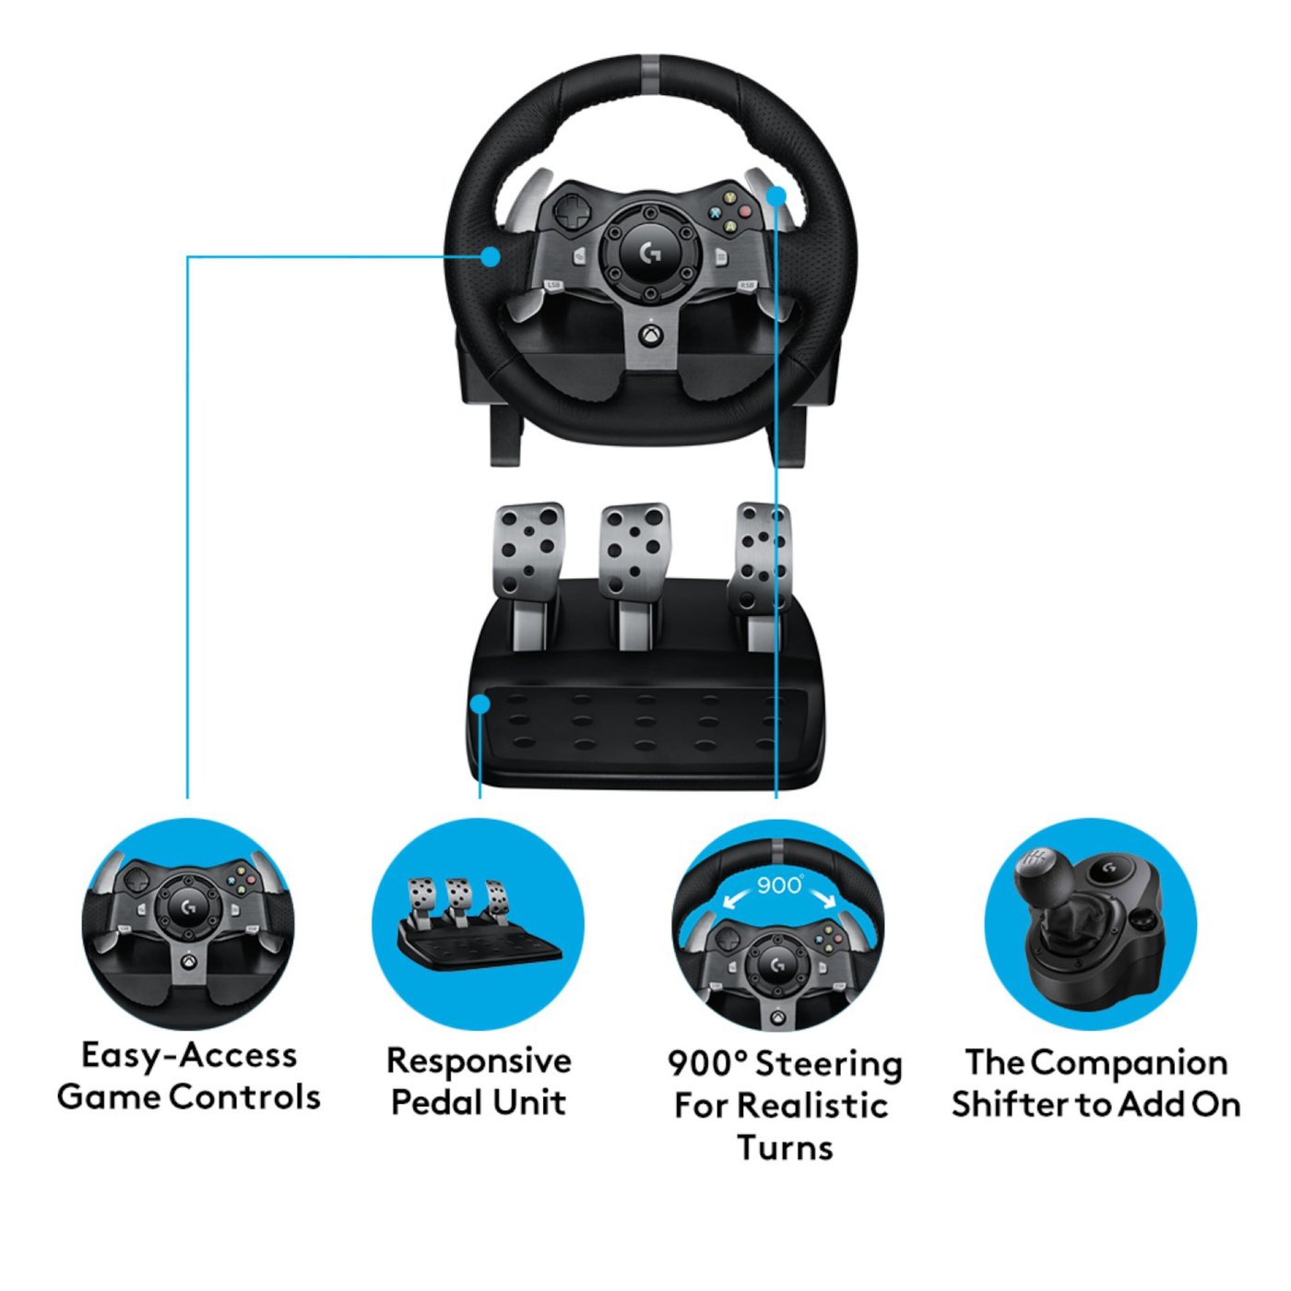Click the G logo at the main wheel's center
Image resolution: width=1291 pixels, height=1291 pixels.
click(x=651, y=251)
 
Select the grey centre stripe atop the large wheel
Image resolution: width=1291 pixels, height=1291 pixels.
click(x=650, y=69)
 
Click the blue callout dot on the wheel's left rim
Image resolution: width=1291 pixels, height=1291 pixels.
click(x=491, y=256)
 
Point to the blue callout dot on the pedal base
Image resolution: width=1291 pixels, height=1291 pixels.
click(x=480, y=705)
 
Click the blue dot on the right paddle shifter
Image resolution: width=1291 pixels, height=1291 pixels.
click(x=776, y=195)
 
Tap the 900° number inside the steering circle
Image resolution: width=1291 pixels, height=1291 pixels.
click(x=779, y=885)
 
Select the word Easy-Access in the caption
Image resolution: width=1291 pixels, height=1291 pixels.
click(x=189, y=1055)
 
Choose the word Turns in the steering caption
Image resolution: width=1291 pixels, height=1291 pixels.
click(x=785, y=1148)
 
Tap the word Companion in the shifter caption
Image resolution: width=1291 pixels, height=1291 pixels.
click(x=1129, y=1062)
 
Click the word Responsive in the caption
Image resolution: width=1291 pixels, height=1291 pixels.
click(x=479, y=1060)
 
